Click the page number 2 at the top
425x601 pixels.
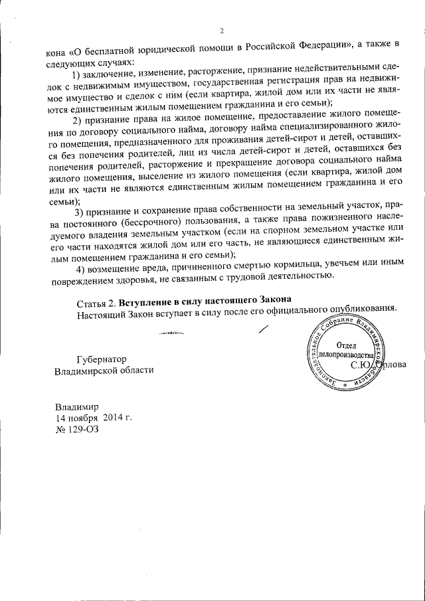[222, 31]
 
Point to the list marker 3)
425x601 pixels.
[80, 212]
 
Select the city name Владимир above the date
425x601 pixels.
[77, 406]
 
